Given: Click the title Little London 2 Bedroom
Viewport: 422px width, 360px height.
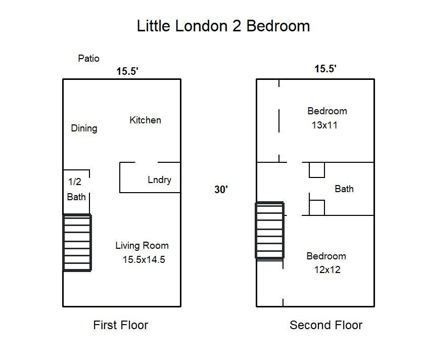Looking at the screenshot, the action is point(223,26).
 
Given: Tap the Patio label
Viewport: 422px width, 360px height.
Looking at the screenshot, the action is point(88,59).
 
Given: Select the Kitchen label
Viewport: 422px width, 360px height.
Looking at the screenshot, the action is point(146,120).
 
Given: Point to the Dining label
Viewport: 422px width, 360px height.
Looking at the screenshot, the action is point(84,128).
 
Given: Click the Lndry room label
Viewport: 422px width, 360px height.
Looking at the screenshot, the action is point(160,180).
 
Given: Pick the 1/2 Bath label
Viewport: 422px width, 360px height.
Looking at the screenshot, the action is point(76,189).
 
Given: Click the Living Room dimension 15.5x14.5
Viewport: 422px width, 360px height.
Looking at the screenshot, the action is point(144,259).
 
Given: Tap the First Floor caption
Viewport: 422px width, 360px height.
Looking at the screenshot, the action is point(121,325).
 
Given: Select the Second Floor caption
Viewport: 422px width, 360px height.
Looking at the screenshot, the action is point(326,325).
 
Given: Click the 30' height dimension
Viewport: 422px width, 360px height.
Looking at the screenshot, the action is point(221,190).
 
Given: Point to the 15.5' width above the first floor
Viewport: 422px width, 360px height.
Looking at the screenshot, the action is point(127,71).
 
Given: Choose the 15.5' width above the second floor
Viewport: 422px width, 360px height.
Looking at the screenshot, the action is point(325,69).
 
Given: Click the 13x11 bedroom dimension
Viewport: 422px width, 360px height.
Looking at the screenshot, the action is point(324,125).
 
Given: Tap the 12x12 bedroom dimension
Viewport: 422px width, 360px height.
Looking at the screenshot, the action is point(327,270).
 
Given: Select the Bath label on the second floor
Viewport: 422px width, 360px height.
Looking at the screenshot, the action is point(344,189).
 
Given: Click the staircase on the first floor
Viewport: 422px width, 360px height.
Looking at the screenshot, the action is point(77,243).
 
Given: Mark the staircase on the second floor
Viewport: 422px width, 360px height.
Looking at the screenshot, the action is point(270,231).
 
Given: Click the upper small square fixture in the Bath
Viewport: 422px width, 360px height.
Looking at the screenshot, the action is point(317,170).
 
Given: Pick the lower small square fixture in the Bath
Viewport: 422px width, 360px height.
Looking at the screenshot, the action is point(317,208).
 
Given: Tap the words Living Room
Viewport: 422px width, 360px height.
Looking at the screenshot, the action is point(142,246).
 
